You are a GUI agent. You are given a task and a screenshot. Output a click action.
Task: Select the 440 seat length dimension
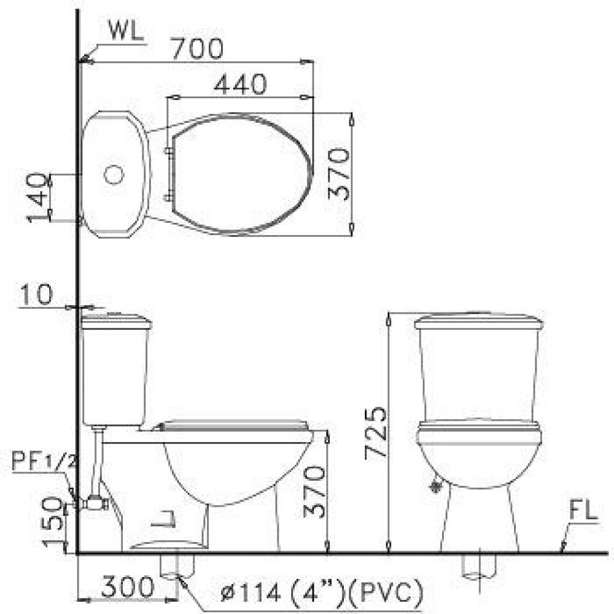[x=240, y=85]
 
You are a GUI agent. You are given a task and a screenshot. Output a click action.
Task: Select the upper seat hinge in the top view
[x=168, y=150]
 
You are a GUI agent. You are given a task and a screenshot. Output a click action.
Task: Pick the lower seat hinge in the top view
[x=168, y=197]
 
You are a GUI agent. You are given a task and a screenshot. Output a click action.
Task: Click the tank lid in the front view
[x=478, y=321]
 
